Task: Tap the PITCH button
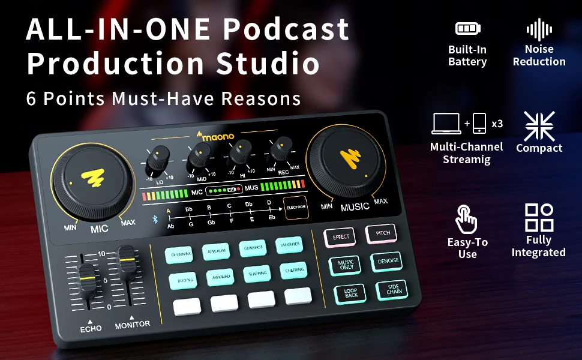click(x=382, y=233)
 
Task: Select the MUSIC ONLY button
click(x=346, y=264)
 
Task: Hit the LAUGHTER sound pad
click(x=289, y=245)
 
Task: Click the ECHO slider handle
click(x=88, y=280)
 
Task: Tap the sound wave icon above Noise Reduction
click(x=539, y=29)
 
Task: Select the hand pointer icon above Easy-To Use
click(x=466, y=219)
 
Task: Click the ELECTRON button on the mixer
click(x=296, y=207)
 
